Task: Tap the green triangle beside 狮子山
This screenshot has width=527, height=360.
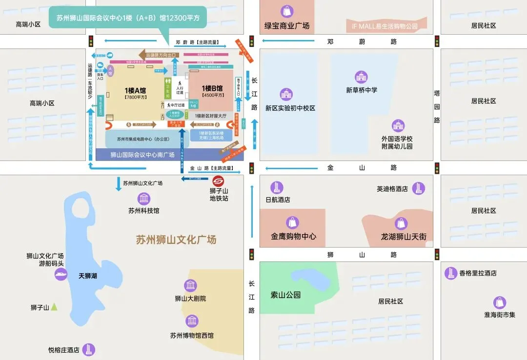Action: [x=54, y=307]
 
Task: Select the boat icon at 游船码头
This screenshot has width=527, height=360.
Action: [x=61, y=274]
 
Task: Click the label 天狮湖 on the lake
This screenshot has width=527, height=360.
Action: [x=88, y=276]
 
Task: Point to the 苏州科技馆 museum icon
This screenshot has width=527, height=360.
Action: [x=144, y=199]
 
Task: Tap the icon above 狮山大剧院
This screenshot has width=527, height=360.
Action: [x=190, y=286]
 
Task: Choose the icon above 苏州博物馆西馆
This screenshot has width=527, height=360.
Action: [x=192, y=320]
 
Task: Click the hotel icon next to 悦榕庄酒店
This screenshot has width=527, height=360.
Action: [x=88, y=349]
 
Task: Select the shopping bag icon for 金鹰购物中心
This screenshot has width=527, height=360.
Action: [x=292, y=222]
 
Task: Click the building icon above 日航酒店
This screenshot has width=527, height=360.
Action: [x=277, y=187]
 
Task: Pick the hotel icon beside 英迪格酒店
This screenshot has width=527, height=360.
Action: [x=418, y=188]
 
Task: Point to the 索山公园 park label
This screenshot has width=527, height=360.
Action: [x=285, y=295]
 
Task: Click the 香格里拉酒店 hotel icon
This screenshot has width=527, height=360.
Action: [x=450, y=273]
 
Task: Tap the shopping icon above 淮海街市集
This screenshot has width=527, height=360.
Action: [x=499, y=302]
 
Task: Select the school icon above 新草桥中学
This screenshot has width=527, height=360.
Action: [x=361, y=77]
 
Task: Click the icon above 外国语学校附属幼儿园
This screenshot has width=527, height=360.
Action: [x=398, y=126]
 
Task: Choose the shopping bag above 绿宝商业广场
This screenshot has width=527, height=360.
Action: [x=287, y=11]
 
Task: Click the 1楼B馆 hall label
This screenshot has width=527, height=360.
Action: [x=212, y=88]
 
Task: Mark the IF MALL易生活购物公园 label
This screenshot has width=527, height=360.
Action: [x=385, y=26]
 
